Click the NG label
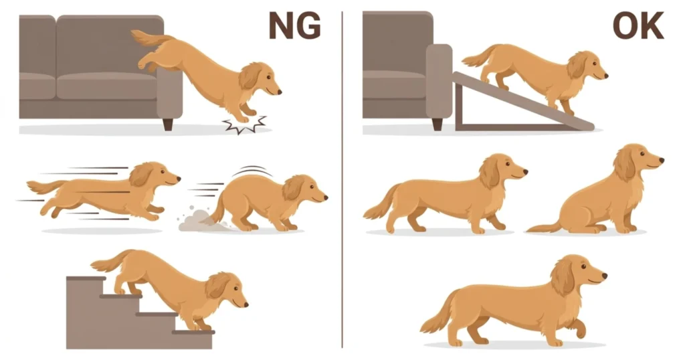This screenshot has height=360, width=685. pyautogui.click(x=295, y=26)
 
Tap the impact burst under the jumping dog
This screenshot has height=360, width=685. pyautogui.click(x=245, y=124)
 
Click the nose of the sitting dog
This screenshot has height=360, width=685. pyautogui.click(x=662, y=161)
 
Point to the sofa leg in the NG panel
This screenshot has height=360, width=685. pyautogui.click(x=168, y=124)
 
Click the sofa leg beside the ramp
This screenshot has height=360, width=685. pyautogui.click(x=437, y=124)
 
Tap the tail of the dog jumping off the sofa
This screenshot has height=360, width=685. pyautogui.click(x=148, y=38)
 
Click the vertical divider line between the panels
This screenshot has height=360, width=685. pyautogui.click(x=342, y=179)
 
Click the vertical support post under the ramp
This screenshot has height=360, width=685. pyautogui.click(x=458, y=106)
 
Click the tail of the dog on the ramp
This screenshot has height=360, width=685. pyautogui.click(x=478, y=57)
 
